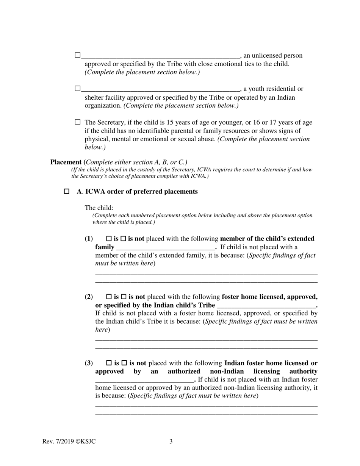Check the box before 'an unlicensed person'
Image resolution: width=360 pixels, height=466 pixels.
(78, 55)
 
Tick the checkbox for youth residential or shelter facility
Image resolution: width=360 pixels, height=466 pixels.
(78, 89)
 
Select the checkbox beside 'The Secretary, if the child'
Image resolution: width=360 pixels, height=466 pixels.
(78, 122)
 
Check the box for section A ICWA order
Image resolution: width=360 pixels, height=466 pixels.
(67, 192)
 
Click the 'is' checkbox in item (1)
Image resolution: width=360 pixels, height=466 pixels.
(109, 239)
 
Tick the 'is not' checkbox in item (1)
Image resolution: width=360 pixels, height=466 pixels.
(123, 239)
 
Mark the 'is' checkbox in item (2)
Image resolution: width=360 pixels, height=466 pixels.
(109, 297)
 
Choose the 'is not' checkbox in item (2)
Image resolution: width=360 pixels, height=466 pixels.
(124, 297)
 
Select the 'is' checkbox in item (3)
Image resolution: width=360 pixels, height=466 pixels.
(109, 363)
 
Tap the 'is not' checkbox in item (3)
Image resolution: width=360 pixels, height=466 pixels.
(124, 363)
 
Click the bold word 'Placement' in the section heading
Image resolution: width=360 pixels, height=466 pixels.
(66, 162)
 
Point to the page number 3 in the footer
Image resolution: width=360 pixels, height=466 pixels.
(171, 441)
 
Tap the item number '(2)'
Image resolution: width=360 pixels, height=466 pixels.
(89, 297)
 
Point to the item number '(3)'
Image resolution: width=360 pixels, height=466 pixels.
(89, 363)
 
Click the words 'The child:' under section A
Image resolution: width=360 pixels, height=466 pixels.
(99, 208)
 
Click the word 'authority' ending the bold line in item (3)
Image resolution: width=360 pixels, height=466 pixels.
(303, 371)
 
